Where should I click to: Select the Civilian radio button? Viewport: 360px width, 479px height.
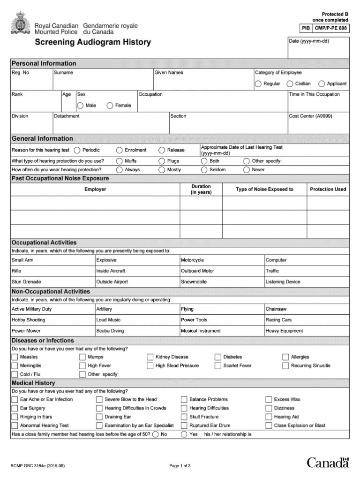[x=290, y=84]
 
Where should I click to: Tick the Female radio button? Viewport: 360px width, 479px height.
[x=110, y=106]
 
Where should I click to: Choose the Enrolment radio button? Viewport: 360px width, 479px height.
[x=120, y=150]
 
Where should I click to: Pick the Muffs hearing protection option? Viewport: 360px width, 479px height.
[x=120, y=161]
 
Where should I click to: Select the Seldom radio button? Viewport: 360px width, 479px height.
[x=204, y=170]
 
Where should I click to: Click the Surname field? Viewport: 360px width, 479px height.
[x=103, y=83]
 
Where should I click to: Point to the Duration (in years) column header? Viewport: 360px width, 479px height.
[x=201, y=190]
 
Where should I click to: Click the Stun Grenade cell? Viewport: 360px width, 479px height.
[x=52, y=282]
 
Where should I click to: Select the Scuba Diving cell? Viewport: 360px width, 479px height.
[x=137, y=331]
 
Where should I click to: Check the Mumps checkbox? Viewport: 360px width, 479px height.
[x=82, y=357]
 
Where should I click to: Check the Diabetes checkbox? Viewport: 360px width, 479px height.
[x=218, y=357]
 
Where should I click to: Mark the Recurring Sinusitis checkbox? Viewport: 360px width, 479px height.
[x=286, y=366]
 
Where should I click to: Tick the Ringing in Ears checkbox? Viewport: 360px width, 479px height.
[x=15, y=417]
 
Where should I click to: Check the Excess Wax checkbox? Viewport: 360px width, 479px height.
[x=269, y=400]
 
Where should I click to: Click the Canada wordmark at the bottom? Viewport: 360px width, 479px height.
[x=328, y=463]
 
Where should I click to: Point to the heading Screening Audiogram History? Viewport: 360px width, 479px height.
[x=93, y=43]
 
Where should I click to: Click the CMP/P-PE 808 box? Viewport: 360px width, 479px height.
[x=331, y=28]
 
